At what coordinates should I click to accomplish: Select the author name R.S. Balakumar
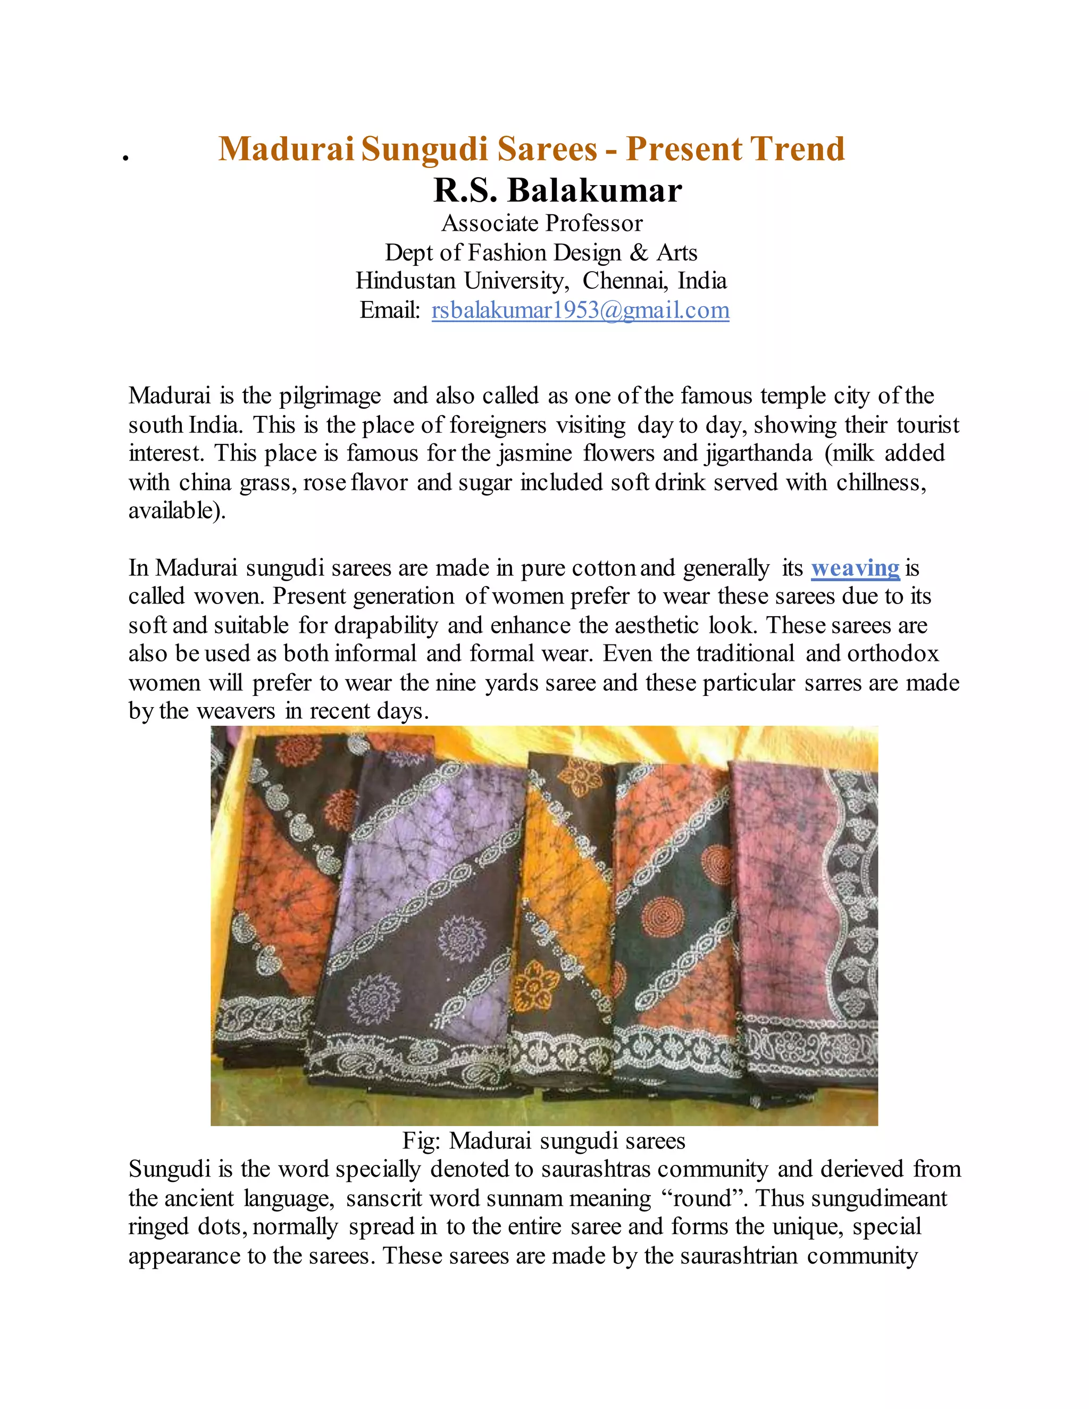coord(557,190)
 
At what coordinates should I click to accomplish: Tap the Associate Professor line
coord(542,223)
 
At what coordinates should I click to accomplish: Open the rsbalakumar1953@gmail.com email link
coord(580,311)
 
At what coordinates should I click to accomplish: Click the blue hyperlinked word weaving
coord(855,568)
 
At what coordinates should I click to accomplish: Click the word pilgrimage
coord(330,396)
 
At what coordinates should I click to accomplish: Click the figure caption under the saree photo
coord(543,1140)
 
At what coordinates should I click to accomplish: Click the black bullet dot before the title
coord(126,157)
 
